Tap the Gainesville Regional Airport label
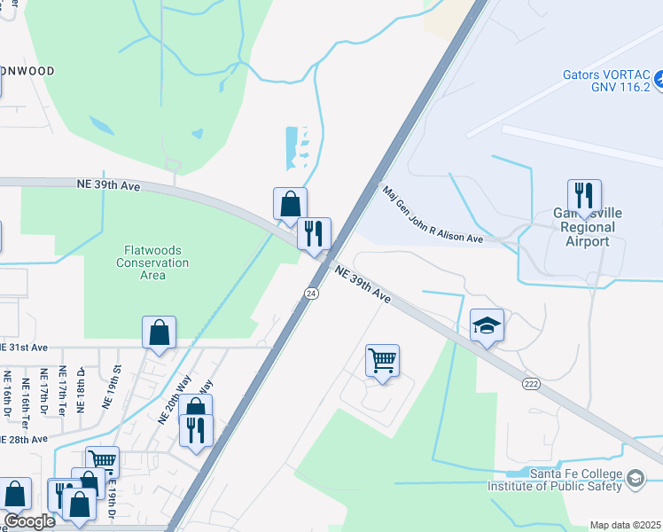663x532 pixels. point(586,228)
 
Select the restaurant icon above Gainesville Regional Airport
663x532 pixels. point(584,194)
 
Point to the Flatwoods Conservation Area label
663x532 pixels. point(152,262)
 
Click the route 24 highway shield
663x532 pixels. point(311,293)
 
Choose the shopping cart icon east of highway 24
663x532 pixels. point(382,361)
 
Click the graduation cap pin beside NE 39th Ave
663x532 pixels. point(487,325)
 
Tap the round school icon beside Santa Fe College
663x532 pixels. point(635,480)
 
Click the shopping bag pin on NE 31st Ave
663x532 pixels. point(159,332)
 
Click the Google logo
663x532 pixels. point(28,521)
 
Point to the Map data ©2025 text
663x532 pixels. point(625,525)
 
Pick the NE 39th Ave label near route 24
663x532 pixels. point(363,283)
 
